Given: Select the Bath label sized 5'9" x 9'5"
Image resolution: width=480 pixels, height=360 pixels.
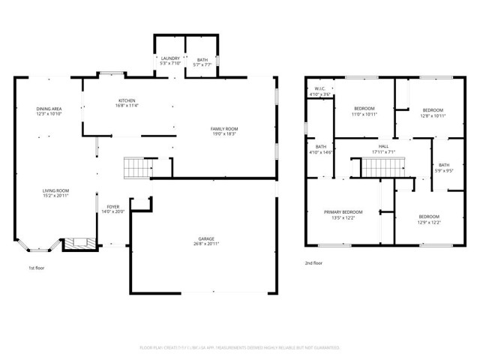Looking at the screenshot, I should [x=444, y=167].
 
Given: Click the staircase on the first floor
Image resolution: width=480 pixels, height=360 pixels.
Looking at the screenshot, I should [x=136, y=167].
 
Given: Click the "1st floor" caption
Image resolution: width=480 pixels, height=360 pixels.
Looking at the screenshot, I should [x=37, y=267].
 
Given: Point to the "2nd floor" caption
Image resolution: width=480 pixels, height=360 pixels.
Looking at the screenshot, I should [x=314, y=262].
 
